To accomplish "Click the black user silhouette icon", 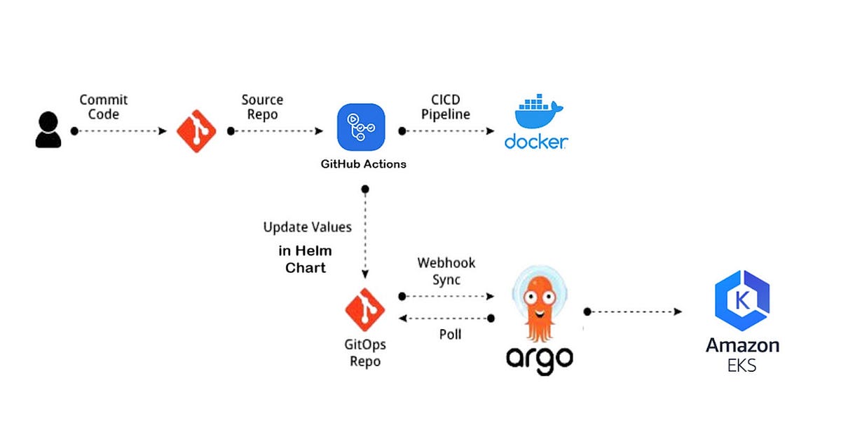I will (48, 130).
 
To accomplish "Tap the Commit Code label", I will (104, 107).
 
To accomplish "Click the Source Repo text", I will (263, 107).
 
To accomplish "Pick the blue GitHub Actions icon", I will (361, 127).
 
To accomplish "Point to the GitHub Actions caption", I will (361, 164).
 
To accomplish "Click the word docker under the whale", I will (536, 142).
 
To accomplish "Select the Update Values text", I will (308, 227).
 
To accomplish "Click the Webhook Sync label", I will (446, 271).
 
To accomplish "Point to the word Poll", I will (450, 335).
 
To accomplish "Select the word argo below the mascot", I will (540, 358).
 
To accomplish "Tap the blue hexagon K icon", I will (741, 301).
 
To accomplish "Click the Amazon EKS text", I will (742, 354).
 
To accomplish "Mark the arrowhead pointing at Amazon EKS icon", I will (678, 312).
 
